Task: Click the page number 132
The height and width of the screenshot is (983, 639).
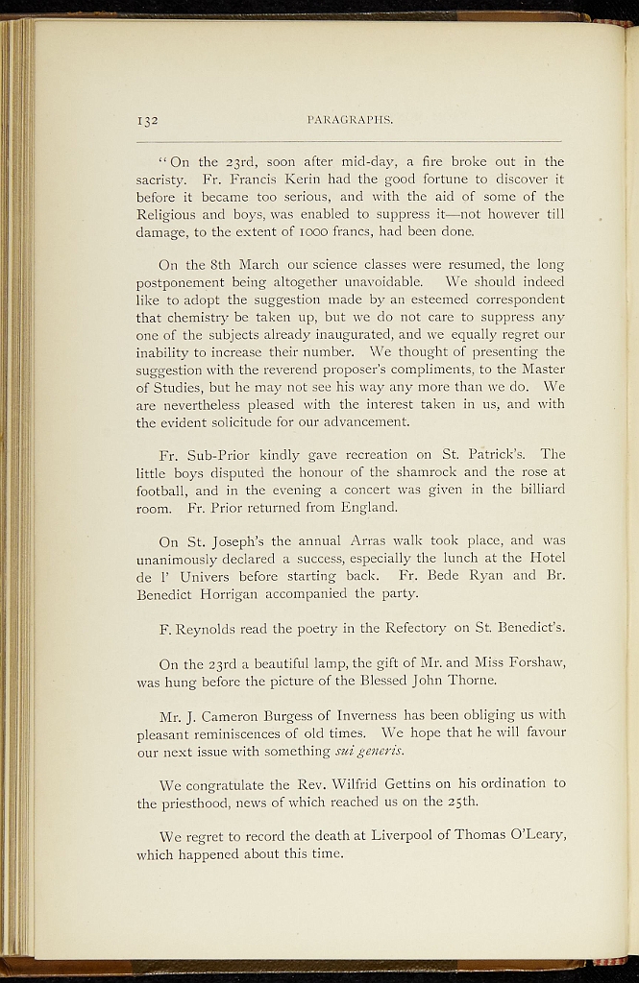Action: tap(147, 121)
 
